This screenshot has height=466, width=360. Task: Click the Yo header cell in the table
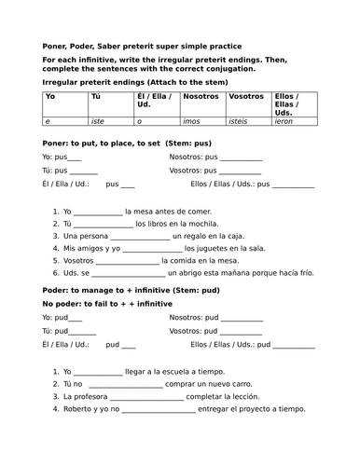pos(51,96)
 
